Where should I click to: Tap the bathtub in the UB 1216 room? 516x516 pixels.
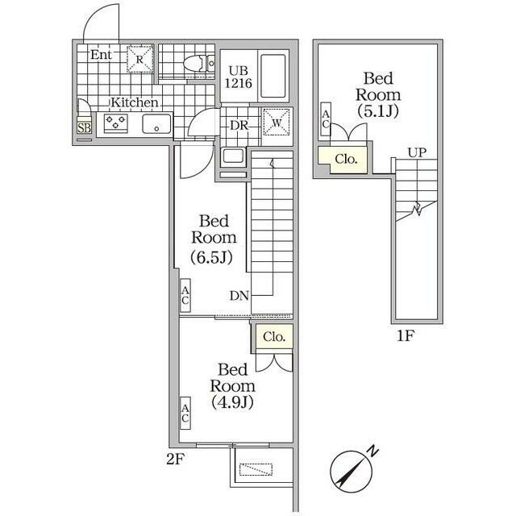[x=273, y=76]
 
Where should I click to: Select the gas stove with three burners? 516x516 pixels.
[x=115, y=123]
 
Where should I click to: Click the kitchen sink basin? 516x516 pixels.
[x=156, y=123]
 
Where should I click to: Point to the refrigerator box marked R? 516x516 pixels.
[x=140, y=59]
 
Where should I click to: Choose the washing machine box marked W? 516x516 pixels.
[x=277, y=123]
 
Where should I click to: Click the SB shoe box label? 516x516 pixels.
[x=84, y=127]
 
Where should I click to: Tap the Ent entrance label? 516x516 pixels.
[x=101, y=55]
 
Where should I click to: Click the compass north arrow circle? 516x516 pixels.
[x=352, y=471]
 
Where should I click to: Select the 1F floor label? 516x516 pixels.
[x=406, y=336]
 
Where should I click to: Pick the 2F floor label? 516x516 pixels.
[x=174, y=459]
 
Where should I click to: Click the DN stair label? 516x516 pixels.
[x=239, y=296]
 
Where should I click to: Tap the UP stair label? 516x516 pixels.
[x=418, y=152]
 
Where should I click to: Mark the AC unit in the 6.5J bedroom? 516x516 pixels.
[x=185, y=296]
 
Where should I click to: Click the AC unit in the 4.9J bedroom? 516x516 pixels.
[x=185, y=413]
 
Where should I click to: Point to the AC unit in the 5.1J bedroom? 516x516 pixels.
[x=326, y=119]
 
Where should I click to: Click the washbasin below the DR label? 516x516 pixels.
[x=233, y=156]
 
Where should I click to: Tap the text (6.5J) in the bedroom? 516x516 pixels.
[x=212, y=257]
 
